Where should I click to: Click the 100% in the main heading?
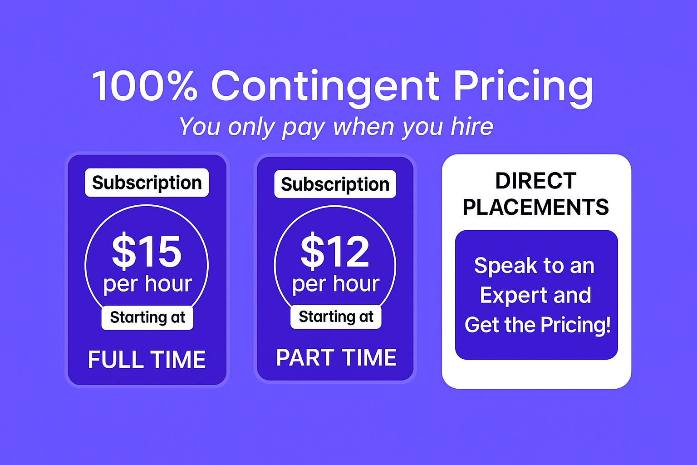[145, 86]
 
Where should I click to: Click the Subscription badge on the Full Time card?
[147, 183]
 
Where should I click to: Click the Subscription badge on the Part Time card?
[335, 184]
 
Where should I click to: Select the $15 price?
[147, 251]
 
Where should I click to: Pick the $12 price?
[335, 251]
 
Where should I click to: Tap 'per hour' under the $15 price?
[147, 284]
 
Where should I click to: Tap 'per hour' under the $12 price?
[336, 284]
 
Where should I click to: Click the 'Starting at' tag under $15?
[147, 318]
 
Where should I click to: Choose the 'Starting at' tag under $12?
[336, 317]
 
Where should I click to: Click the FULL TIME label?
[147, 359]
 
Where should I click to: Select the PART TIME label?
[336, 357]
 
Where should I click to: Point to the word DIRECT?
[536, 181]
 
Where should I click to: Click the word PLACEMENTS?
[536, 207]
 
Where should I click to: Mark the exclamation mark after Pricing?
[608, 325]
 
